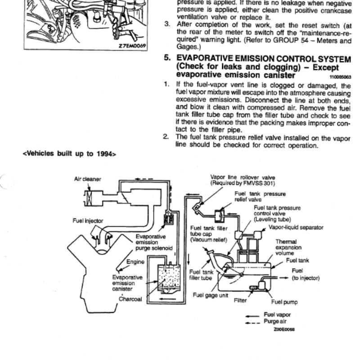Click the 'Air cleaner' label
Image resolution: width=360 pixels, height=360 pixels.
coord(87,179)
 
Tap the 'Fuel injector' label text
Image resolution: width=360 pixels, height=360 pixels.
coord(88,221)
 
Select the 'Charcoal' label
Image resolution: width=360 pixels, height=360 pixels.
coord(130,299)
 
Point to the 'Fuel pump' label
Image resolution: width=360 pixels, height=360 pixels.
coord(284,302)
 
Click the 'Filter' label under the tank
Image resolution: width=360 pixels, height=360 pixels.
coord(240,301)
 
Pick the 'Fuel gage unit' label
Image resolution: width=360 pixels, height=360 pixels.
coord(211,295)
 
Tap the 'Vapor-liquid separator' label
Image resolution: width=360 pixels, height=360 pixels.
coord(296,228)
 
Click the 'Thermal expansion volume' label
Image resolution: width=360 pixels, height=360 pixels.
coord(288,247)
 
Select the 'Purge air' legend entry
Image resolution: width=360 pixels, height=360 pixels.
coord(275,321)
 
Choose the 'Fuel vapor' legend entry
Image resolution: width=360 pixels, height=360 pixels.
coord(277,315)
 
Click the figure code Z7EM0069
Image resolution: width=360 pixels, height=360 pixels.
coord(132,46)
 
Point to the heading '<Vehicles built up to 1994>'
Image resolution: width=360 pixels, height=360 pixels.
coord(70,153)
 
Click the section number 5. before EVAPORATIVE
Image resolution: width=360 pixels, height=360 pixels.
coord(167,58)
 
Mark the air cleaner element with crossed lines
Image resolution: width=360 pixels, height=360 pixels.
coord(88,198)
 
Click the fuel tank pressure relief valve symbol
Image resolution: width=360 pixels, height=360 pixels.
coord(220,216)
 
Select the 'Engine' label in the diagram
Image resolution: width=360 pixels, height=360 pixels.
coord(135,262)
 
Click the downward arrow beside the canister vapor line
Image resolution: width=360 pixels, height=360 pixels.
coord(189,259)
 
